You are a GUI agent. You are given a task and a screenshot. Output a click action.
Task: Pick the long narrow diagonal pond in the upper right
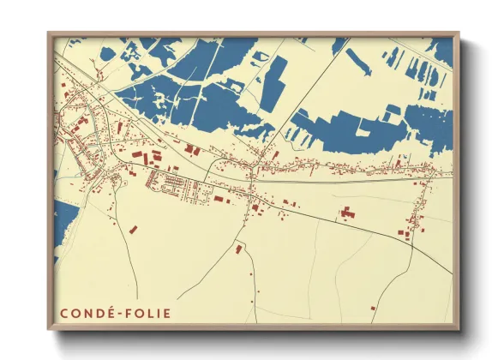[x=359, y=61]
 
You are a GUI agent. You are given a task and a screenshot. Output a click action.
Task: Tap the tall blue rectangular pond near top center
[x=273, y=83]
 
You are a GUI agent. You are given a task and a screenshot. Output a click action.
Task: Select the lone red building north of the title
[x=133, y=229]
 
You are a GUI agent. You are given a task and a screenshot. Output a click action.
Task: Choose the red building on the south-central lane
[x=239, y=249]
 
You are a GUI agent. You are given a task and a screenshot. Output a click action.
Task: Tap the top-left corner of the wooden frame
[x=49, y=33]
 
